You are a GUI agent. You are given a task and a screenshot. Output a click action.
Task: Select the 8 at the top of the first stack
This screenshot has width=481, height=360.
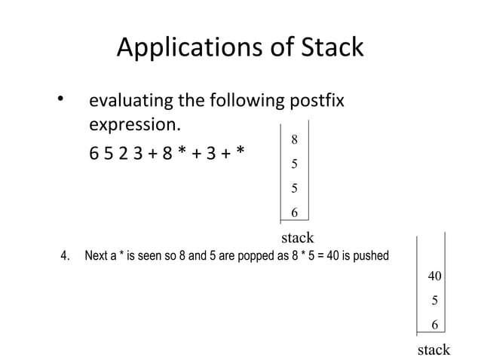coord(295,139)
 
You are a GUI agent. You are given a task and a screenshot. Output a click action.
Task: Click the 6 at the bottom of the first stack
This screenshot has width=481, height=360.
coord(295,213)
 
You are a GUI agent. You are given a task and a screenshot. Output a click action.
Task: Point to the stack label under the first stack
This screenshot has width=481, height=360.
coord(297,238)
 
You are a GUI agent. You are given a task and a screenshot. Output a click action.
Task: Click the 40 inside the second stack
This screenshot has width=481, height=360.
coord(435,276)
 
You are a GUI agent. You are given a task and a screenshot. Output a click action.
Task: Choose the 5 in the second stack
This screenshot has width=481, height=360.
coord(435,301)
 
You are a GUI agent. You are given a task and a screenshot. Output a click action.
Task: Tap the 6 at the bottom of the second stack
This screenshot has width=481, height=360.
coord(435,325)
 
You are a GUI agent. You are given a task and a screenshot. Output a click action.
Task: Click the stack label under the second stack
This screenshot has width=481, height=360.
coord(434,349)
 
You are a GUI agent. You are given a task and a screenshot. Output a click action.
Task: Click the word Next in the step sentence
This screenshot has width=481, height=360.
coord(96,256)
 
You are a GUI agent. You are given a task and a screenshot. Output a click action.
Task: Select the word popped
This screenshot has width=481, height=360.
coord(258,256)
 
